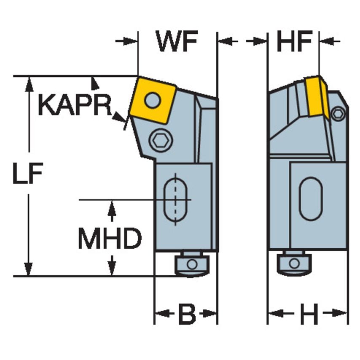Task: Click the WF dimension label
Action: [x=177, y=41]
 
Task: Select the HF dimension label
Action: [x=294, y=41]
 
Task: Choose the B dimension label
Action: [x=186, y=314]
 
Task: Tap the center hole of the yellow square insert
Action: [x=152, y=100]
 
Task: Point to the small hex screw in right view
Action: [x=338, y=113]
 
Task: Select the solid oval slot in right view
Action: [x=311, y=199]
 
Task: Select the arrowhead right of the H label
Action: [x=341, y=313]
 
